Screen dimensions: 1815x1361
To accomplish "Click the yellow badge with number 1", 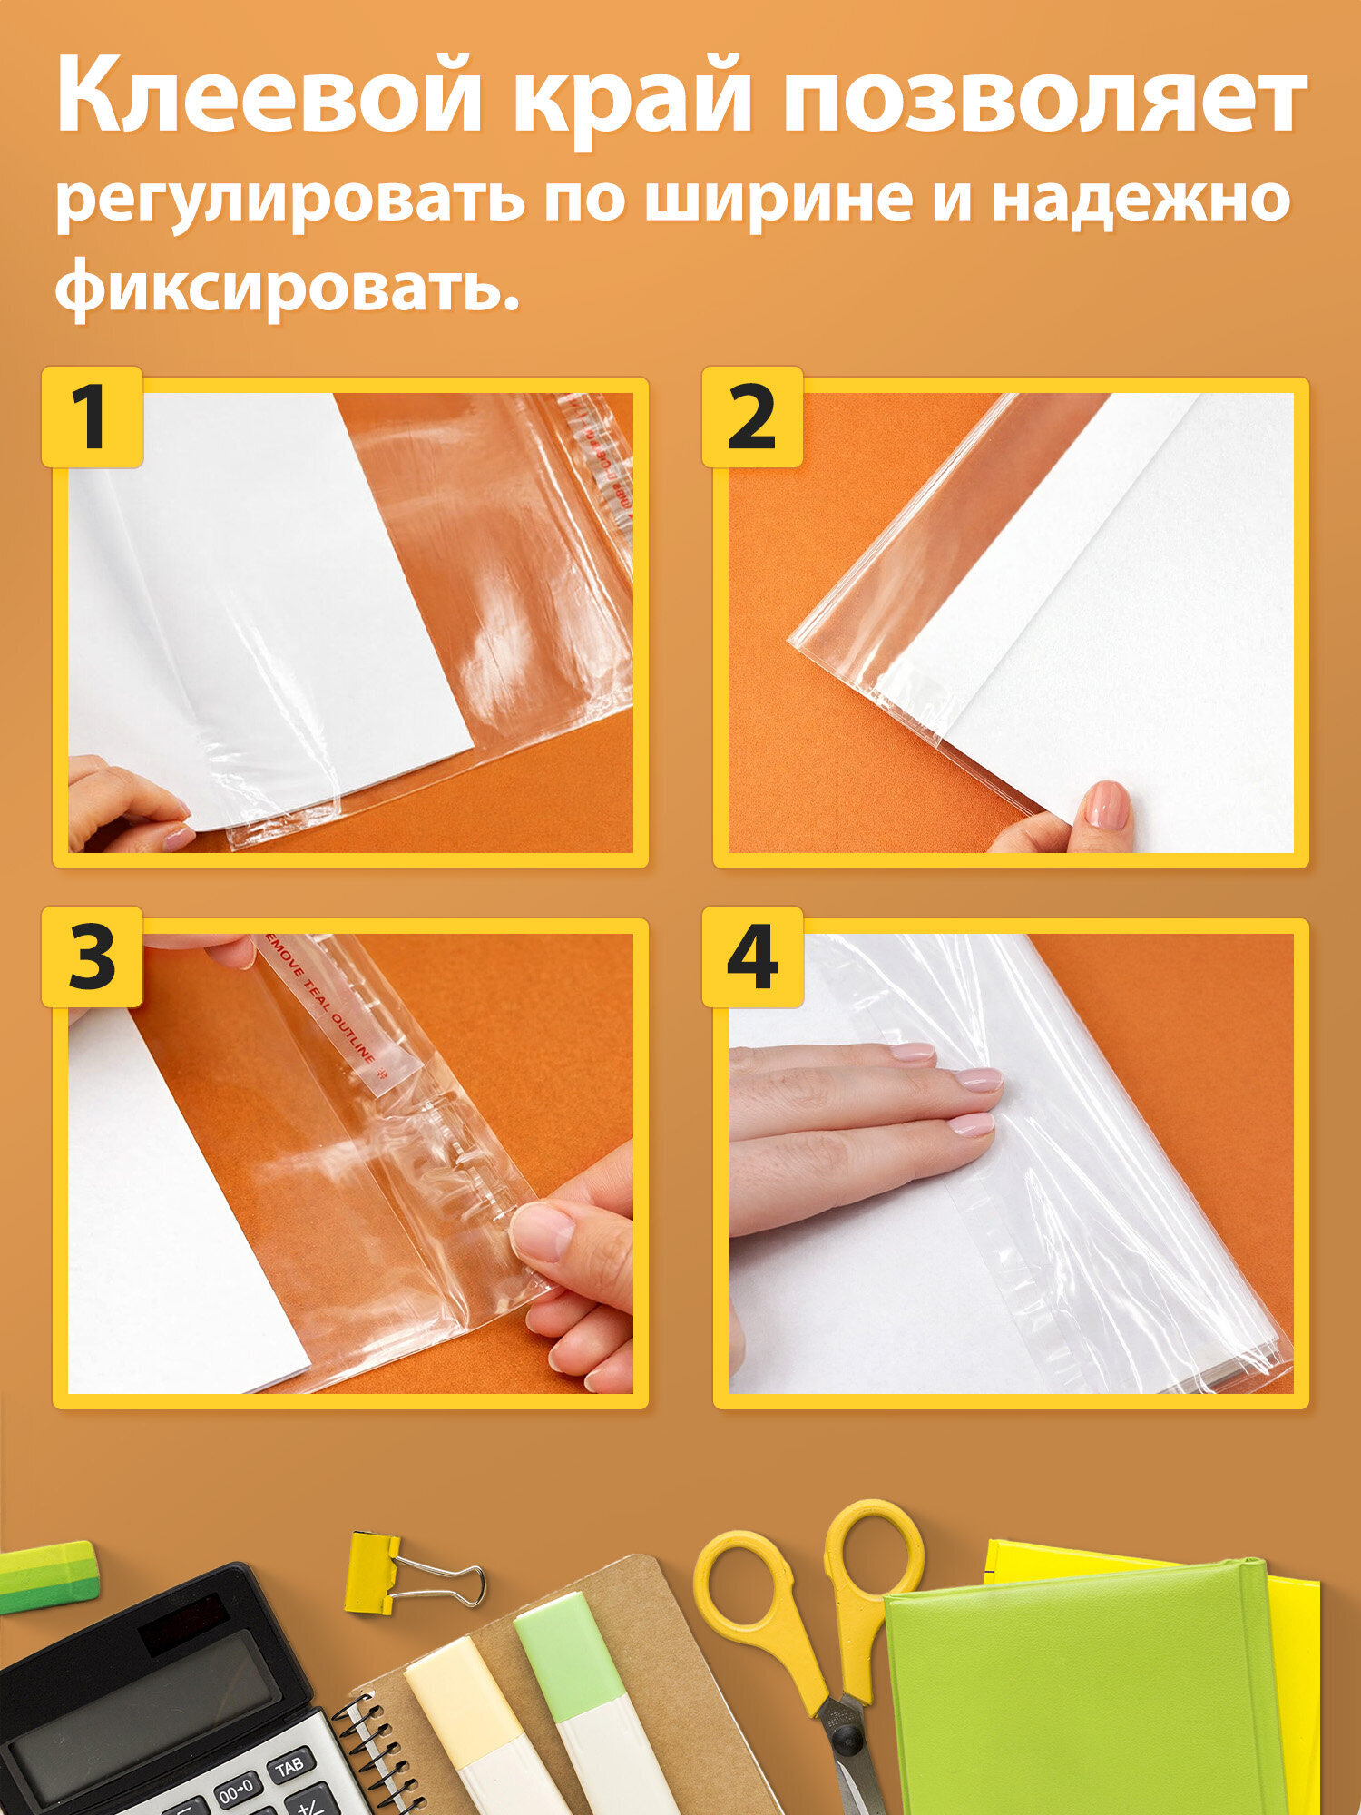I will point(93,417).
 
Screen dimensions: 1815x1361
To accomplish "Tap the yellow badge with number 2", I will point(752,417).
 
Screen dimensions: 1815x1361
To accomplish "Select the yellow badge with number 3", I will point(93,957).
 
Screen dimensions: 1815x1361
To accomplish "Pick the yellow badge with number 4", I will point(752,957).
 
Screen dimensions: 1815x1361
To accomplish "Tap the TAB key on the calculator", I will point(289,1768).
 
